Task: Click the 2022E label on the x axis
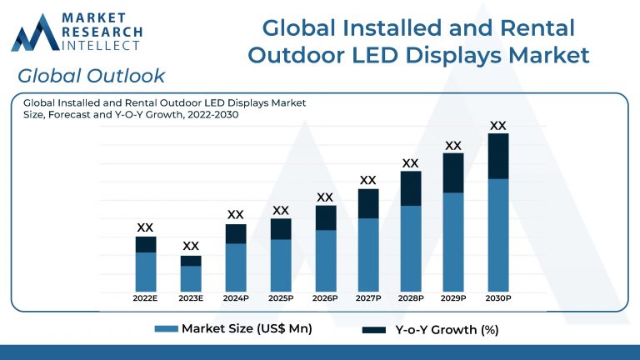coord(146,298)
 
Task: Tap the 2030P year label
coord(497,298)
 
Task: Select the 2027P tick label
coord(367,298)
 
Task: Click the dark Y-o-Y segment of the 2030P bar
coord(497,156)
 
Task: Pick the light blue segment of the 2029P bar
coord(453,241)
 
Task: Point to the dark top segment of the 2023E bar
coord(191,261)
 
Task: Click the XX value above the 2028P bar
coord(410,163)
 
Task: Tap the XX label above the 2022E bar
coord(145,227)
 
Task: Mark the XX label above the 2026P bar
coord(325,197)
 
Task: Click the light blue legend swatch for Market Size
coord(167,329)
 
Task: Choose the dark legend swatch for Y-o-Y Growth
coord(374,330)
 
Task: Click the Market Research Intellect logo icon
coord(35,33)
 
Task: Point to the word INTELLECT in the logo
coord(102,46)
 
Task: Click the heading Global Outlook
coord(91,76)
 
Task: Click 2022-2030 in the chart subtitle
coord(211,115)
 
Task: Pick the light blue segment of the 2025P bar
coord(281,264)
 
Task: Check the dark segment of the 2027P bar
coord(367,203)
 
